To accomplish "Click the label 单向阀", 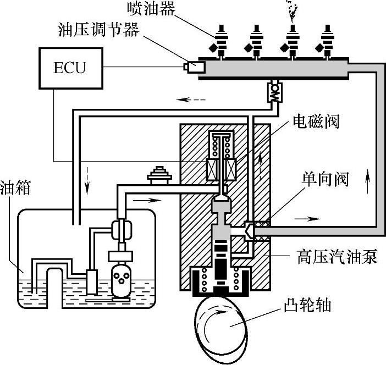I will click(x=324, y=180).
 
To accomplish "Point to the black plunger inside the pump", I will click(x=222, y=269).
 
